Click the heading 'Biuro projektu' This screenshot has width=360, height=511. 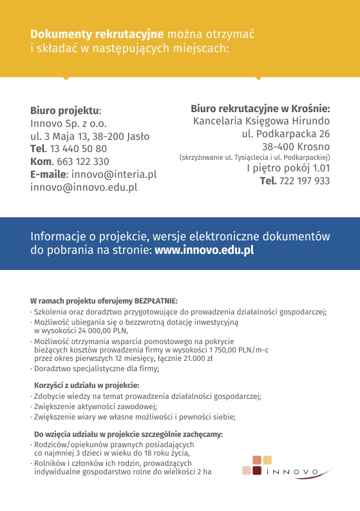pos(65,110)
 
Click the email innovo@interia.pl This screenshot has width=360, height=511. pos(114,175)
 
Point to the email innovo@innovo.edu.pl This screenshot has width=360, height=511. pos(84,188)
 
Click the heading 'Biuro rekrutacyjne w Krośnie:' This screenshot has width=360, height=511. pos(260,108)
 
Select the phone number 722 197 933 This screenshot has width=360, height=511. pos(305,181)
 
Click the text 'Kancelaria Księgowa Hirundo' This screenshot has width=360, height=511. pos(261,121)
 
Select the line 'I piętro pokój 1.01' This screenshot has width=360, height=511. pos(288,168)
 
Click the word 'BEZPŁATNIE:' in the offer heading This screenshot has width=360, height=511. pos(156,301)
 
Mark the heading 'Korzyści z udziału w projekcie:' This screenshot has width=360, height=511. pos(86,385)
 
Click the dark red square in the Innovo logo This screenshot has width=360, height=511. pos(257,471)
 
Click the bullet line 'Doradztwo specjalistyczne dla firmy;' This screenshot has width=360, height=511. pos(97,369)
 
